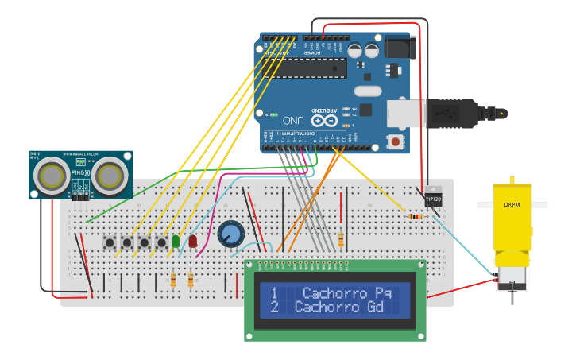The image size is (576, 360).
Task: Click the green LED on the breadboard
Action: pyautogui.click(x=176, y=241)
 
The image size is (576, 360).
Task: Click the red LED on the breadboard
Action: pyautogui.click(x=192, y=241)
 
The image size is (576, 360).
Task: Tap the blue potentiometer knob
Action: pyautogui.click(x=230, y=234)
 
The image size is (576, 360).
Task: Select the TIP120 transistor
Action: pyautogui.click(x=433, y=198)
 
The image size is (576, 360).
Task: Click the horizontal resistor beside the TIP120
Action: pyautogui.click(x=415, y=216)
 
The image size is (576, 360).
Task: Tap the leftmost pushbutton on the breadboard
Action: pyautogui.click(x=109, y=242)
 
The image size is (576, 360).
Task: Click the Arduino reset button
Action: pyautogui.click(x=395, y=141)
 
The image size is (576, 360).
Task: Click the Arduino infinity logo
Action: pyautogui.click(x=324, y=121)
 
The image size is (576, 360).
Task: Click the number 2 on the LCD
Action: pyautogui.click(x=273, y=307)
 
